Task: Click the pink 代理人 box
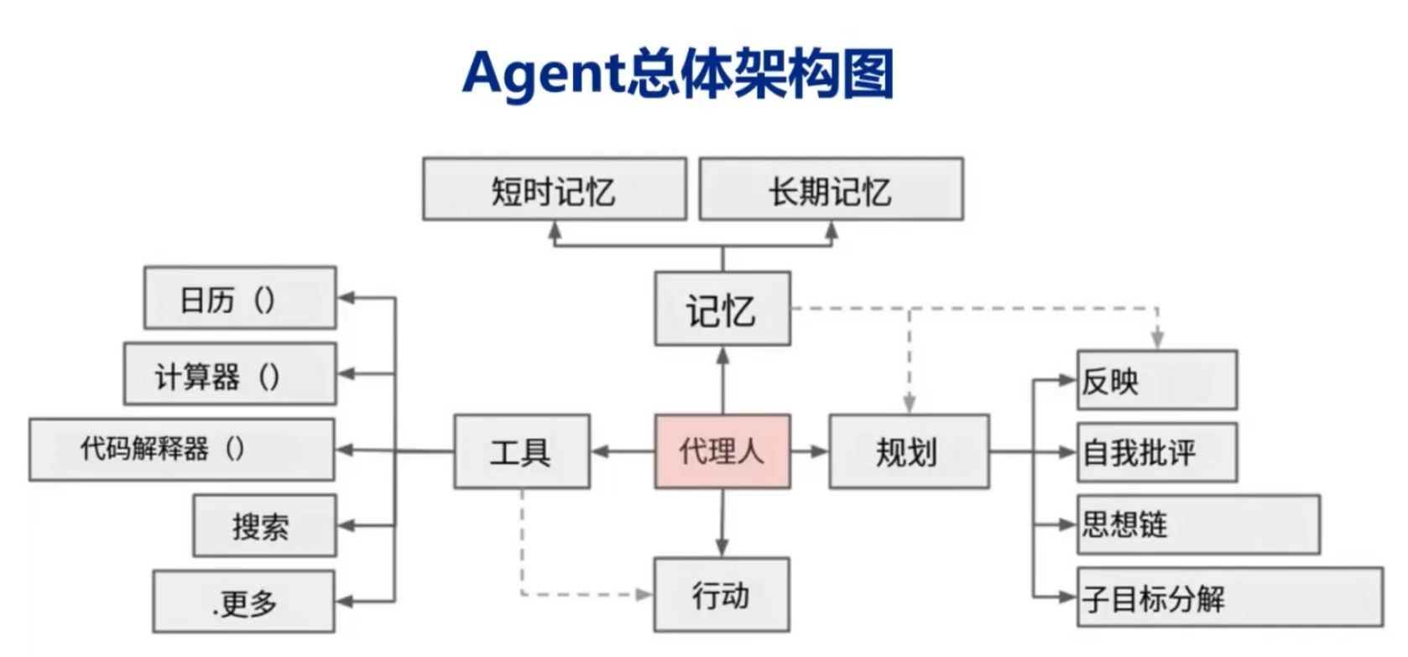pos(722,451)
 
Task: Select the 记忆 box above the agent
pos(722,309)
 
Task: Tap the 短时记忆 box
pos(554,190)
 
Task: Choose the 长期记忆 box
pos(831,190)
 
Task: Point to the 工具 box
pos(521,451)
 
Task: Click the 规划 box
pos(909,451)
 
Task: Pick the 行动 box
pos(722,594)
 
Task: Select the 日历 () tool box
pos(240,298)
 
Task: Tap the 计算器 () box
pos(230,374)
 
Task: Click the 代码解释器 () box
pos(181,450)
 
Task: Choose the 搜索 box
pos(264,526)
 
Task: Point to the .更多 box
pos(243,602)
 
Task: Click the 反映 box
pos(1156,380)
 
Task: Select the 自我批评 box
pos(1156,452)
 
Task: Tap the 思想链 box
pos(1198,524)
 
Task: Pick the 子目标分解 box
pos(1230,597)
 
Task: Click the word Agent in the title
pos(544,74)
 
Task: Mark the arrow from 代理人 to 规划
pos(810,451)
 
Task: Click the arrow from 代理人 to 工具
pos(622,451)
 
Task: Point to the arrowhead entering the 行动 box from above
pos(722,548)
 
